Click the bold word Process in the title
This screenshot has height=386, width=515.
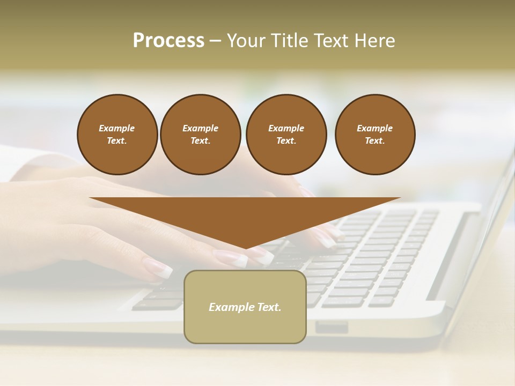[x=168, y=41]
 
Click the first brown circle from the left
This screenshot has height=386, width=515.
[x=117, y=135]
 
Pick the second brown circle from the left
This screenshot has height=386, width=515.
[x=200, y=135]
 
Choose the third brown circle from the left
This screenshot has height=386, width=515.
[x=286, y=135]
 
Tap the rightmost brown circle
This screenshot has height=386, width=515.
[x=374, y=135]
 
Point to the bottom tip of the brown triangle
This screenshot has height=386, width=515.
[x=245, y=248]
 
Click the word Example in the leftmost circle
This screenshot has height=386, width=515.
[x=117, y=128]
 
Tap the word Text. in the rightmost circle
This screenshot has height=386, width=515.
[x=374, y=141]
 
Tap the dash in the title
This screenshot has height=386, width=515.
[x=215, y=41]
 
